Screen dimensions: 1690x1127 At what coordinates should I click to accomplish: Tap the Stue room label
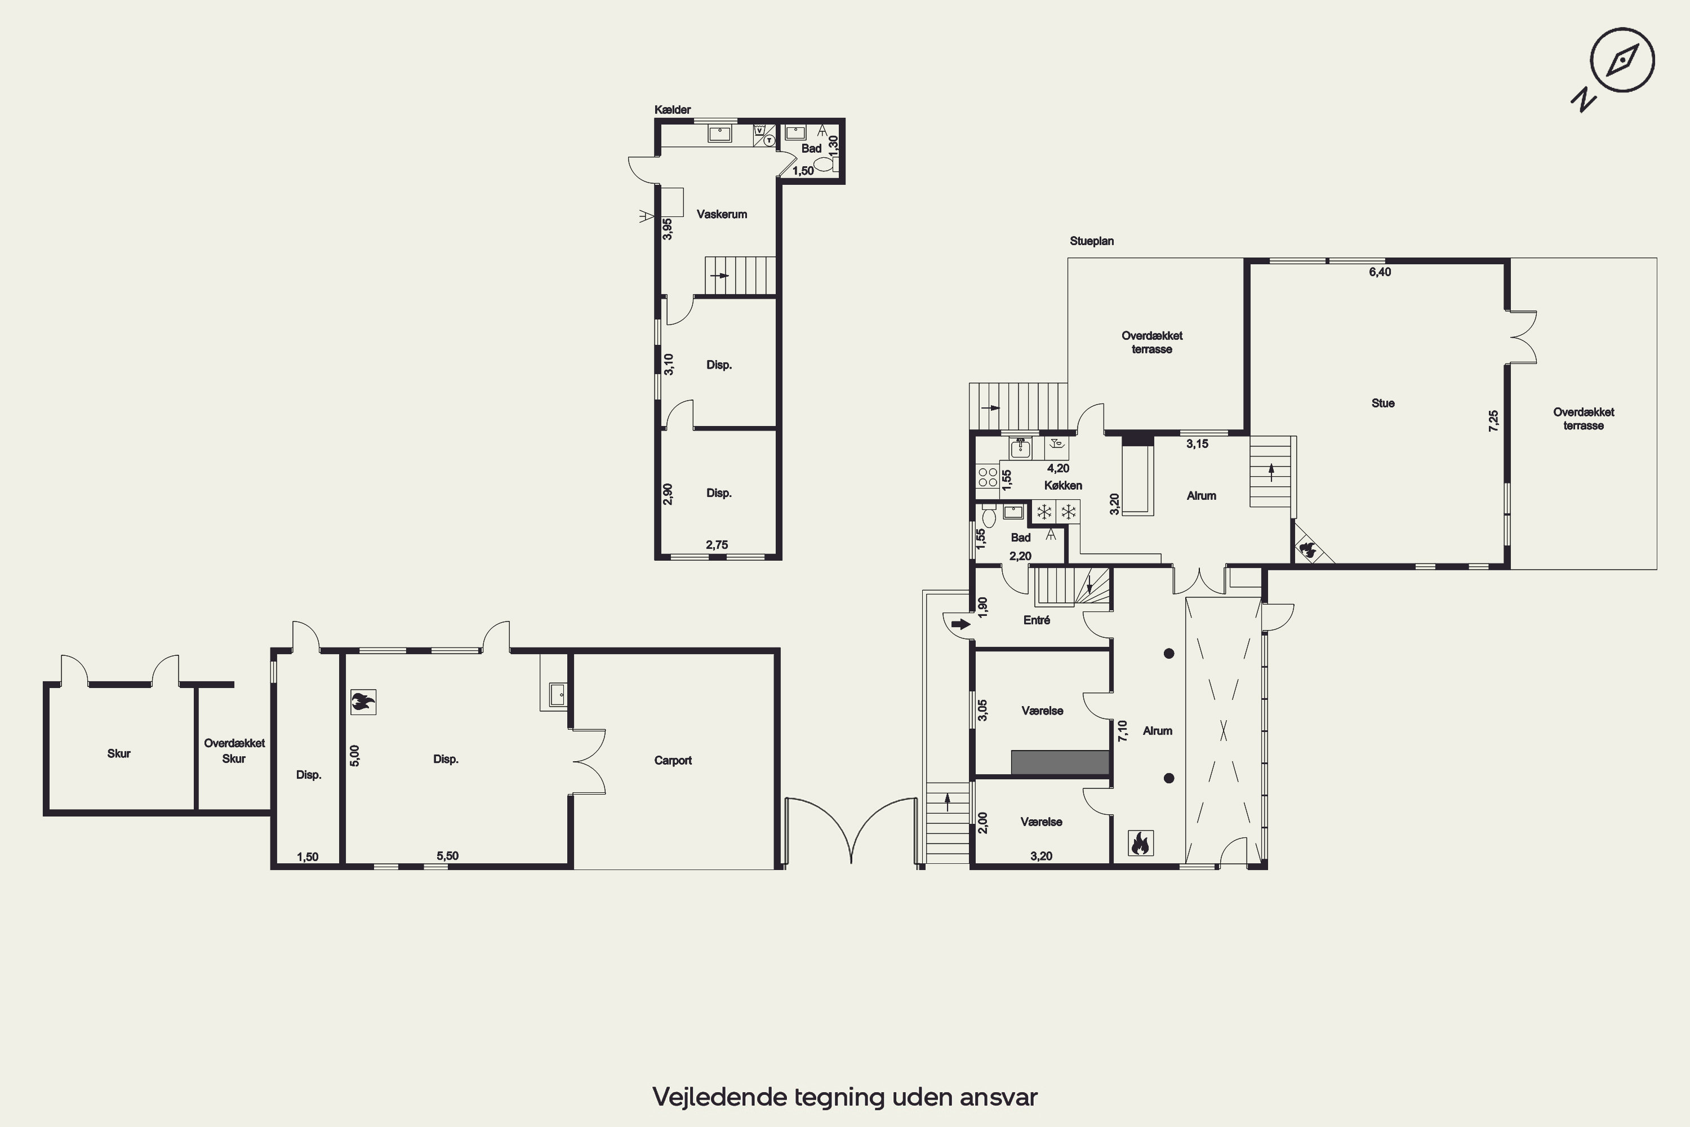click(x=1382, y=403)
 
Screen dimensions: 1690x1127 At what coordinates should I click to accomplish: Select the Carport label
click(x=673, y=760)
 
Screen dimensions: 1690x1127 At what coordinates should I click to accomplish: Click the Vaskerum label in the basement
click(x=722, y=214)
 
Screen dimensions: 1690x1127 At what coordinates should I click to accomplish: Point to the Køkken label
click(x=1062, y=485)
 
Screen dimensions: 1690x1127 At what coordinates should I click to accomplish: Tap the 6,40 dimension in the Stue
click(x=1380, y=272)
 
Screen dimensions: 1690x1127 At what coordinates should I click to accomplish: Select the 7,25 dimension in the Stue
click(x=1493, y=420)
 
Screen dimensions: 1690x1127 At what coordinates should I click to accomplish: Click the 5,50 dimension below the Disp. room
click(x=447, y=855)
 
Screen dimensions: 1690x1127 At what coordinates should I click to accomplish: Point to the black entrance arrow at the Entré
click(x=960, y=624)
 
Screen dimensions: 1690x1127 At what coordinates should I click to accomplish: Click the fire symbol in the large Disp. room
click(x=363, y=702)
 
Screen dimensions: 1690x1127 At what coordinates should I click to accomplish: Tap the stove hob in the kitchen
click(x=988, y=477)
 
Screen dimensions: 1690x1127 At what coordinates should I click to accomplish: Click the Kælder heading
click(x=672, y=109)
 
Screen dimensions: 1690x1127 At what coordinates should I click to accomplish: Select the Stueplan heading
click(x=1092, y=241)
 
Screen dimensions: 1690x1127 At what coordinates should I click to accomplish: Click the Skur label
click(x=118, y=753)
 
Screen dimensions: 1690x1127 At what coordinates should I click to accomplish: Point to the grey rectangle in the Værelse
click(x=1060, y=762)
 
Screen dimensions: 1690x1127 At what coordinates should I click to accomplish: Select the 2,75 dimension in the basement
click(x=717, y=545)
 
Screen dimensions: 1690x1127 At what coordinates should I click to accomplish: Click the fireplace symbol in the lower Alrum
click(x=1140, y=842)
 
